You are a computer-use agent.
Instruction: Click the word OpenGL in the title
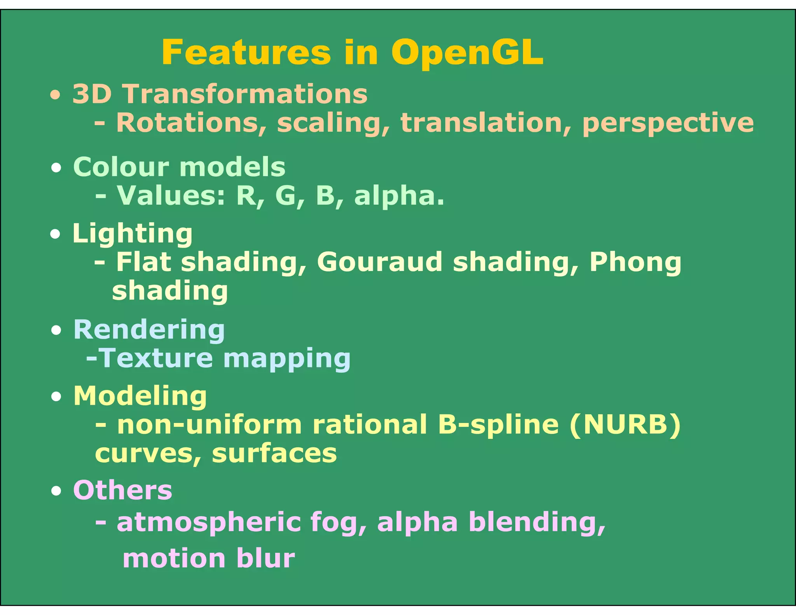pyautogui.click(x=467, y=53)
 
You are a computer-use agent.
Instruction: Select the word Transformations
pyautogui.click(x=245, y=94)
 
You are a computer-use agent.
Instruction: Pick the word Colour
pyautogui.click(x=121, y=167)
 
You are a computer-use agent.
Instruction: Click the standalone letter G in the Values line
pyautogui.click(x=286, y=196)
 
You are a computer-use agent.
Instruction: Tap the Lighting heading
pyautogui.click(x=132, y=234)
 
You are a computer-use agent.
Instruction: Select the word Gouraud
pyautogui.click(x=379, y=262)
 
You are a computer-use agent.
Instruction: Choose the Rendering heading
pyautogui.click(x=149, y=330)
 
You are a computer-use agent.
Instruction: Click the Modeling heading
pyautogui.click(x=140, y=397)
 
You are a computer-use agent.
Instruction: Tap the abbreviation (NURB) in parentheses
pyautogui.click(x=625, y=425)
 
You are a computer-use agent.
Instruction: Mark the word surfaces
pyautogui.click(x=274, y=454)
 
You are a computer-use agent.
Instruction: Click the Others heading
pyautogui.click(x=122, y=491)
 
